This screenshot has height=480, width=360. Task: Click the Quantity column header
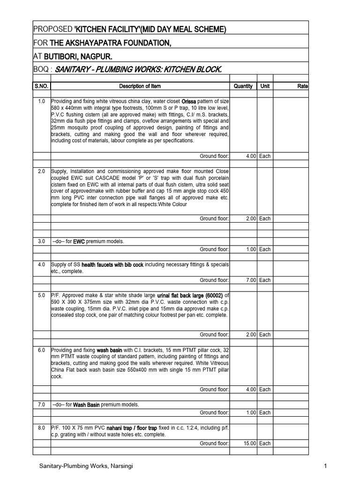pyautogui.click(x=243, y=86)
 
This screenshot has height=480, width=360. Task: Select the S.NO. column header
pyautogui.click(x=41, y=86)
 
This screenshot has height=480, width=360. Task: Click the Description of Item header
pyautogui.click(x=140, y=86)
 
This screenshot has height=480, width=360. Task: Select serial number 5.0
pyautogui.click(x=41, y=295)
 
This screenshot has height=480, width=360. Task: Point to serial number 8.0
pyautogui.click(x=41, y=428)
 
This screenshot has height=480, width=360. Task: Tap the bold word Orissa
pyautogui.click(x=189, y=101)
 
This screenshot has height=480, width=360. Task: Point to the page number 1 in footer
pyautogui.click(x=324, y=465)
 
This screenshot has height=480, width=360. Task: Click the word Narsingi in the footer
pyautogui.click(x=125, y=465)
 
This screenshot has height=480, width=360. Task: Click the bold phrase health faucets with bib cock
pyautogui.click(x=112, y=265)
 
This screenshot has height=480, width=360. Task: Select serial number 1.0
pyautogui.click(x=41, y=101)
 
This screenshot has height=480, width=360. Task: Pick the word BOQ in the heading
pyautogui.click(x=41, y=70)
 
